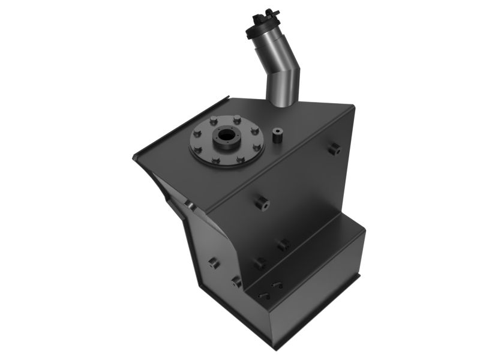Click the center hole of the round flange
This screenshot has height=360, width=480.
point(226,136)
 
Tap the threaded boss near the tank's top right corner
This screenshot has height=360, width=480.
point(334,148)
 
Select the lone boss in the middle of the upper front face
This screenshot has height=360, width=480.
point(261,203)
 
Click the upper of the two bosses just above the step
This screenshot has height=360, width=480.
point(283,244)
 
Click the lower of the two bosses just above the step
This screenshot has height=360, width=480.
point(259,263)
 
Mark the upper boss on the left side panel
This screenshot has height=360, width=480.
point(213,262)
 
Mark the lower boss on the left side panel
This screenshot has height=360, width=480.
point(236,281)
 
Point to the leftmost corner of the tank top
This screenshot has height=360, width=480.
point(134,158)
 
